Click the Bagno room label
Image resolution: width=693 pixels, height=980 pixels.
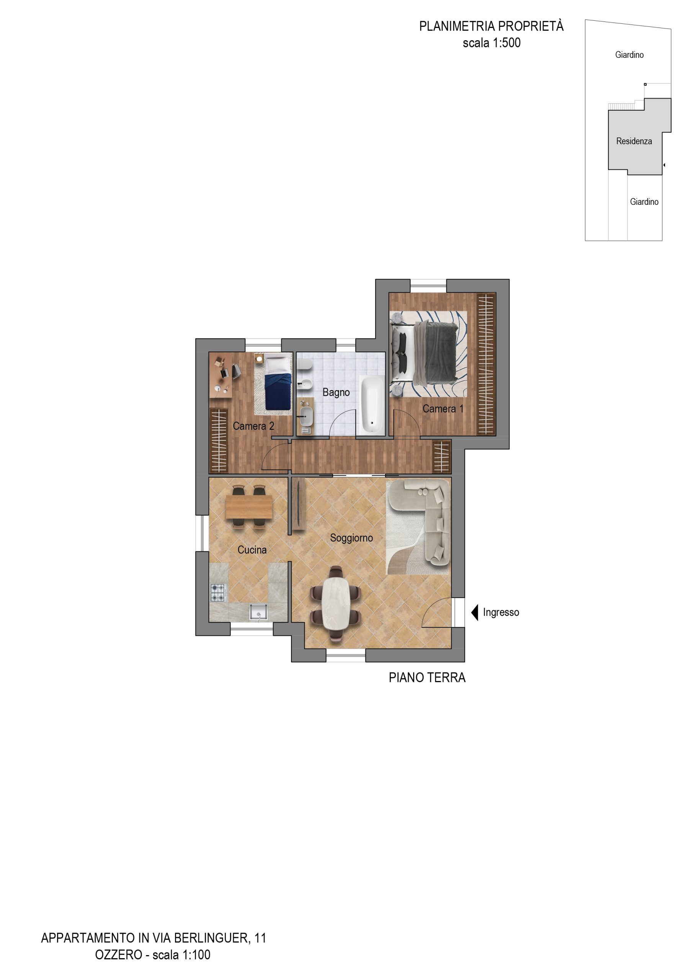click(336, 392)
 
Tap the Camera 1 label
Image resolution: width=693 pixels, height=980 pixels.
click(443, 408)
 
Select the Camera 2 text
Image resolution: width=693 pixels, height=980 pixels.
click(253, 426)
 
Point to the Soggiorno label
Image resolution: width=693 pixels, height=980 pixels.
click(351, 538)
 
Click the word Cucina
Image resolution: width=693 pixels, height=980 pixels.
click(252, 550)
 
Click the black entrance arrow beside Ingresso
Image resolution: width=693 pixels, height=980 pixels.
click(474, 612)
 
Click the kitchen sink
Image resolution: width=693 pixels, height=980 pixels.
click(259, 612)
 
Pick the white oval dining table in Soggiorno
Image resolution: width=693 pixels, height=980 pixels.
click(336, 603)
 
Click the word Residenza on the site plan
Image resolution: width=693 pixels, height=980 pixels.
click(634, 141)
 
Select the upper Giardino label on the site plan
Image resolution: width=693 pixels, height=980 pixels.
click(629, 55)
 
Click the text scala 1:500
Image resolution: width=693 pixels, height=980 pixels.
click(492, 42)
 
